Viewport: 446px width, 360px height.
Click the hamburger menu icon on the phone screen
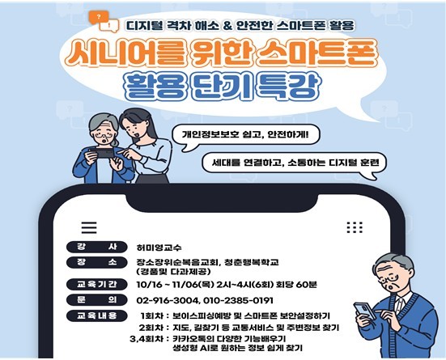[x=89, y=227]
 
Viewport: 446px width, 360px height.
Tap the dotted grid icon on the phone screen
[x=355, y=227]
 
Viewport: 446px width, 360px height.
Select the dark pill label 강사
[x=96, y=247]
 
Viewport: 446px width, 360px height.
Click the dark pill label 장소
[x=96, y=262]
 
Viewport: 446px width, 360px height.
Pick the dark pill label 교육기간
[x=96, y=284]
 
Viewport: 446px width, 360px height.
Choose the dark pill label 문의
[x=96, y=299]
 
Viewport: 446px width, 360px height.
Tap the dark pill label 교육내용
[x=96, y=316]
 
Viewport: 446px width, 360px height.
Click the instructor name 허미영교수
[x=159, y=248]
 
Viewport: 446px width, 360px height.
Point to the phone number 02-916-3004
[x=167, y=300]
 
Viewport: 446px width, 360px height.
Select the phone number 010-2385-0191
[x=238, y=300]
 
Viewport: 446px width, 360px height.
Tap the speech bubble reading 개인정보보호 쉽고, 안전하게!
[x=246, y=135]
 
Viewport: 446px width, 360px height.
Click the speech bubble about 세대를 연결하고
[x=295, y=163]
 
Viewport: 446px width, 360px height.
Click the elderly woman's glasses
[x=104, y=135]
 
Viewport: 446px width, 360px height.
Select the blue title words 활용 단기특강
[x=223, y=86]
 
